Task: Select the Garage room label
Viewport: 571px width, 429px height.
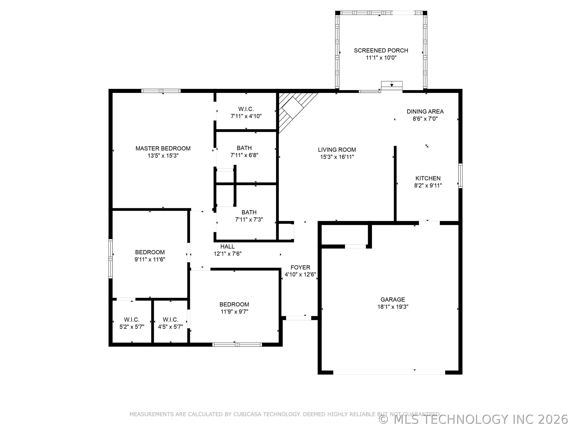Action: click(393, 300)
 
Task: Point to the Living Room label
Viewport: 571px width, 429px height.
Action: click(337, 150)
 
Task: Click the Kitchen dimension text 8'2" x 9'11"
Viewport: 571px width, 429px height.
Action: click(428, 186)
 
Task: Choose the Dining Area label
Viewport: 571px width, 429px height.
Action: click(425, 111)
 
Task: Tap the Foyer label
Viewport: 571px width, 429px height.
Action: click(300, 267)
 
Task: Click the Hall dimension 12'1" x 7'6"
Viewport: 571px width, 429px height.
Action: click(227, 254)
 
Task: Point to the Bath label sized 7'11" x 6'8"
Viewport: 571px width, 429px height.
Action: click(244, 148)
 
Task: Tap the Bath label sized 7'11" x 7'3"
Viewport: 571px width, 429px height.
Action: click(249, 212)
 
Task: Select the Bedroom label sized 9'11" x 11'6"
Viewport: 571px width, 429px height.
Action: click(150, 252)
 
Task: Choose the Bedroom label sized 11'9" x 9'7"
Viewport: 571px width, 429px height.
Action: click(234, 304)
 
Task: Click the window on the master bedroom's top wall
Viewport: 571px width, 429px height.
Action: click(161, 91)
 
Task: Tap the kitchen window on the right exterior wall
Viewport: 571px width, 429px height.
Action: click(460, 176)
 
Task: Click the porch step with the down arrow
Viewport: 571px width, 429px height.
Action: click(392, 85)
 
